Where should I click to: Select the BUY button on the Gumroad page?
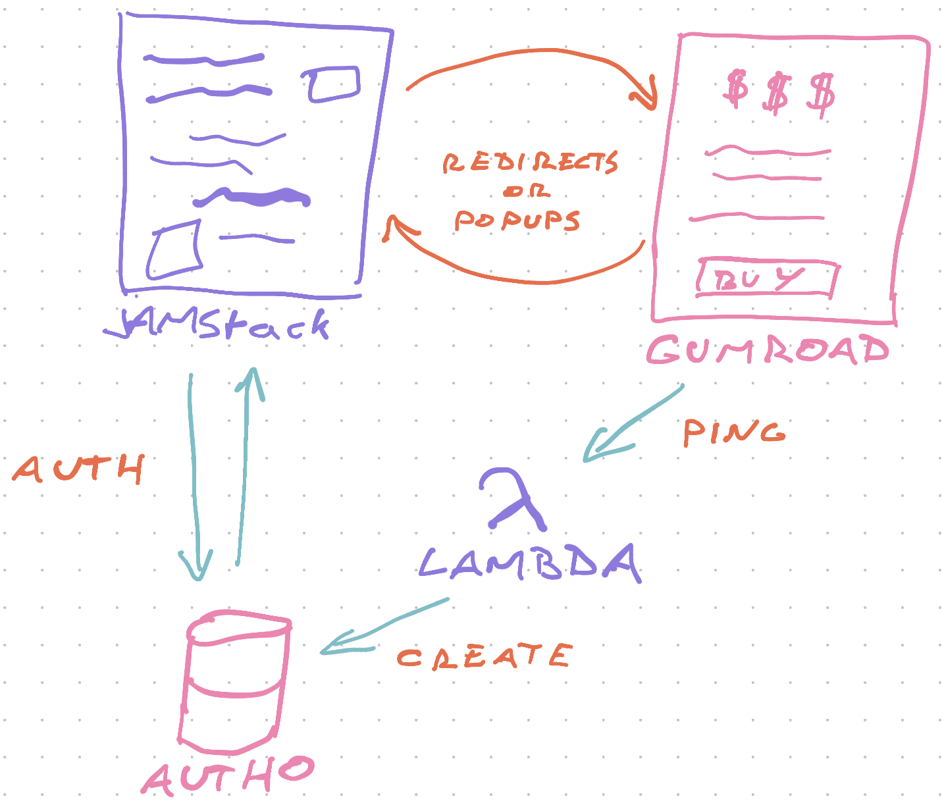pos(766,279)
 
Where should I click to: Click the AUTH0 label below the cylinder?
pos(227,777)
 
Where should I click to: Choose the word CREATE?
pos(484,657)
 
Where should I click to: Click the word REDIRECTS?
pos(530,163)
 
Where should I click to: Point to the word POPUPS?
pos(517,220)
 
